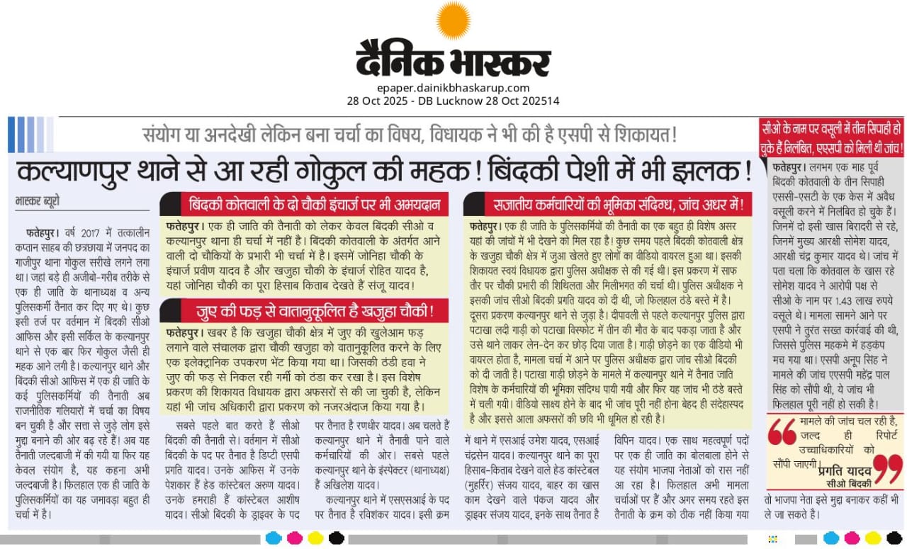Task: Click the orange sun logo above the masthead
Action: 453,20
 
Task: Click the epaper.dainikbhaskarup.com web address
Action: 453,88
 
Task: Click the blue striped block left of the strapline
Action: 21,135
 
